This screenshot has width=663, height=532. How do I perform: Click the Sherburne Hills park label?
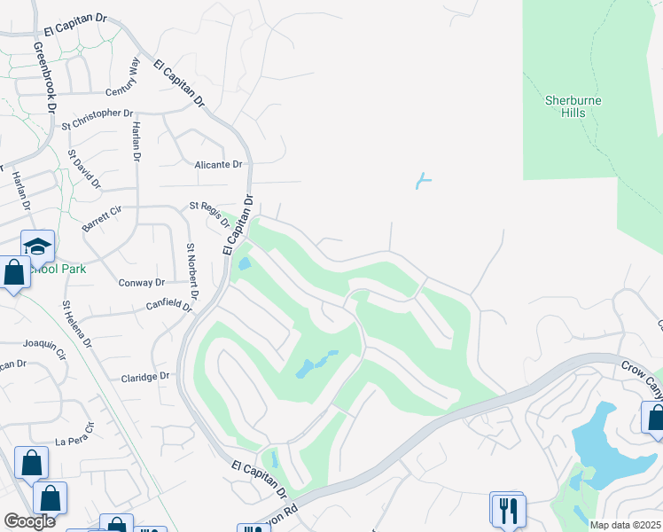pos(573,106)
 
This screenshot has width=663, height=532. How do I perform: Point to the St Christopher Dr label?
pos(97,114)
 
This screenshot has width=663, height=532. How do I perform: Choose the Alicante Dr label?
pos(218,165)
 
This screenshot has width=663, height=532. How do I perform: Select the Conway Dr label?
pos(142,283)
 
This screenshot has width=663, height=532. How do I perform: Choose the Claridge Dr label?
pos(144,377)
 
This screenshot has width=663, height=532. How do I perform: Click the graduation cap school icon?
pos(38,246)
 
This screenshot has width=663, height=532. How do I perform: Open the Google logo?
pos(29,521)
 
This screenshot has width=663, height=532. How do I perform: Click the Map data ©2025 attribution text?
pos(624,525)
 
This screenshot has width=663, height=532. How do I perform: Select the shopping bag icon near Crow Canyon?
pos(654,417)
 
